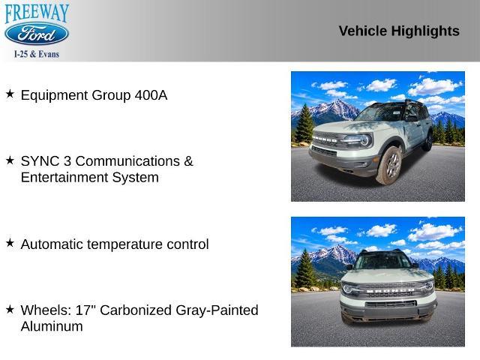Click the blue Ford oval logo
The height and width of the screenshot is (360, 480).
tap(37, 34)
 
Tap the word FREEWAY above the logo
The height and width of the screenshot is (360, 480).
tap(37, 13)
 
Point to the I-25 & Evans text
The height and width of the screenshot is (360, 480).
tap(37, 54)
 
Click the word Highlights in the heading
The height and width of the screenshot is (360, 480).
tap(425, 31)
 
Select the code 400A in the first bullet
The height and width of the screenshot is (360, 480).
tap(151, 95)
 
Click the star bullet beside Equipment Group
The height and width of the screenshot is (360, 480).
tap(10, 94)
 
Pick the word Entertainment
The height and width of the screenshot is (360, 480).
tap(64, 177)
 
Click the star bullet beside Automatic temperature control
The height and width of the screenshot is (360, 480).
tap(10, 243)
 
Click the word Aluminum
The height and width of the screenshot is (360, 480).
tap(52, 326)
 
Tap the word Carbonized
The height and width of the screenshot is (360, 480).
tap(136, 310)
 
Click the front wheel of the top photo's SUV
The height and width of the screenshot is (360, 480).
tap(389, 165)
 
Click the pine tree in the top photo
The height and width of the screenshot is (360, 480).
tap(304, 123)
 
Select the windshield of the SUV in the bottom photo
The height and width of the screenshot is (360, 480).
tap(382, 261)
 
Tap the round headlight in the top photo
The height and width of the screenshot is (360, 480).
tap(364, 140)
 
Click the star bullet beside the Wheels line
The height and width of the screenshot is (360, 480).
tap(10, 309)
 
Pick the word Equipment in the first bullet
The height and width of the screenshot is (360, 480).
tap(55, 95)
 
